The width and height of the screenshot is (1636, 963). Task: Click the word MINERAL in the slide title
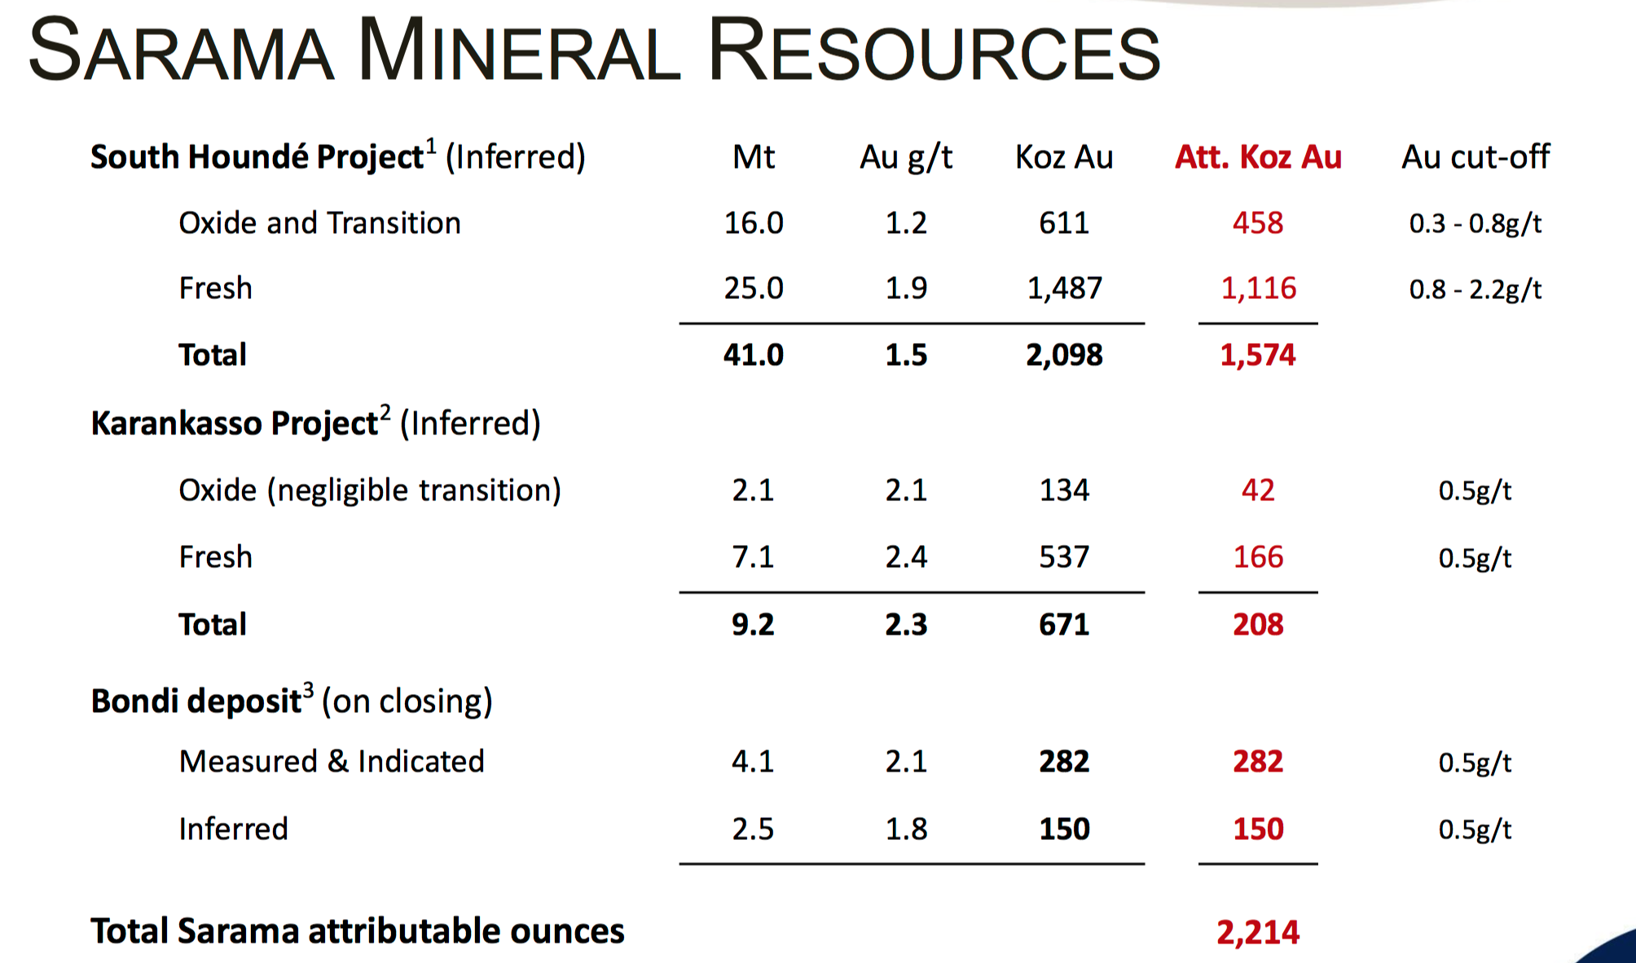tap(519, 51)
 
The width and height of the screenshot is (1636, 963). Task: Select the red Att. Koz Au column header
tap(1258, 156)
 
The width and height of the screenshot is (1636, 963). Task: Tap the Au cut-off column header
tap(1475, 156)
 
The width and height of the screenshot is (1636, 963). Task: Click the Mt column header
tap(754, 156)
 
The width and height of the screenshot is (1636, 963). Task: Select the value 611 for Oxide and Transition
tap(1064, 222)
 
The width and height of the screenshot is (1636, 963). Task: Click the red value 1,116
tap(1258, 288)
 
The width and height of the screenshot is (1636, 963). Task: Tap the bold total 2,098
tap(1064, 354)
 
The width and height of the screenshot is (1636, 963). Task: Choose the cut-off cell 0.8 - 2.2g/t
tap(1475, 289)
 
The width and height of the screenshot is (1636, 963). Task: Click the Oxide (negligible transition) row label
tap(370, 490)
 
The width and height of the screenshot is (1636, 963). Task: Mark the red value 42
tap(1258, 490)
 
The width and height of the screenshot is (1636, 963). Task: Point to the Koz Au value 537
tap(1064, 556)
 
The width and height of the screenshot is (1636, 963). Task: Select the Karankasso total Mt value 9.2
tap(753, 624)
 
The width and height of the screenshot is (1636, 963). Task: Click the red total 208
tap(1258, 624)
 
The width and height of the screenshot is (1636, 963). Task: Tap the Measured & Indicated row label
tap(332, 761)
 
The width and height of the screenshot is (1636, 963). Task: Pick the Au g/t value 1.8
tap(906, 829)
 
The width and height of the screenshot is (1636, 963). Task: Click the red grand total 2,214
tap(1258, 932)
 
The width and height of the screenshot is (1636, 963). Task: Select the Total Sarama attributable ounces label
tap(357, 930)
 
